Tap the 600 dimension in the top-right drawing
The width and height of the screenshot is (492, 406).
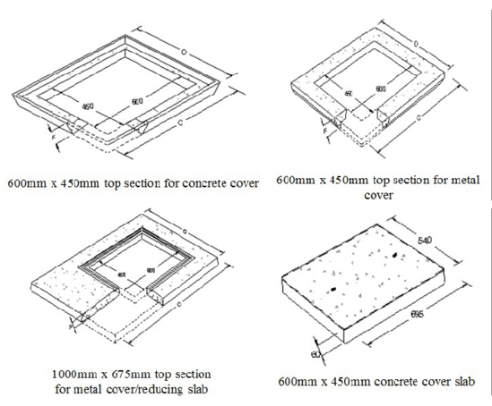[380, 89]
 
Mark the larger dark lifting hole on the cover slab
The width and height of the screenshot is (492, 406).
[392, 259]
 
